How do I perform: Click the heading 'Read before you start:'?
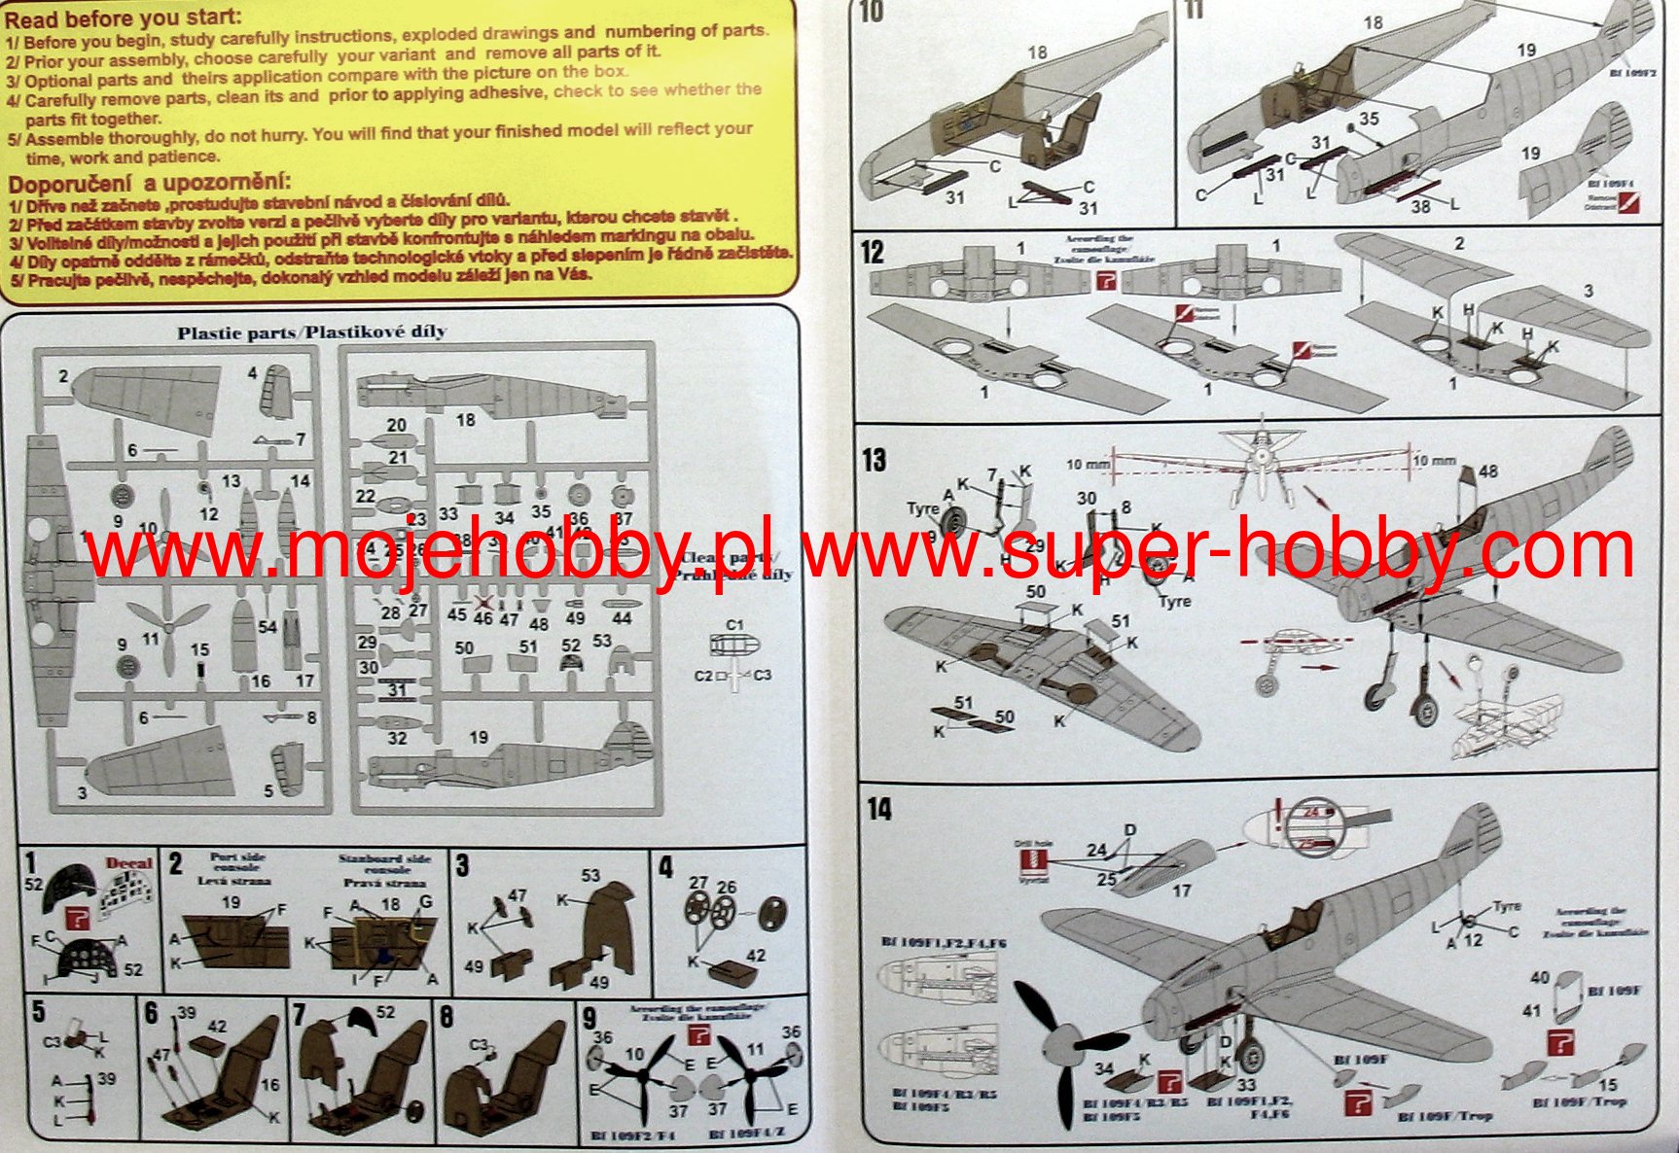124,17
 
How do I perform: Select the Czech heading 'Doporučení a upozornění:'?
150,184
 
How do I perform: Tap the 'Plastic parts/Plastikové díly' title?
311,332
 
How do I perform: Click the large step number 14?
878,809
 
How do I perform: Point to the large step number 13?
874,459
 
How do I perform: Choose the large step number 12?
873,253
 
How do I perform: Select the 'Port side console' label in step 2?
237,862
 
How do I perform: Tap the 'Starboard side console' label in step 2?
384,864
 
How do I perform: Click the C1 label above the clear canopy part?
734,625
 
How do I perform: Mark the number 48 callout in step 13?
1488,472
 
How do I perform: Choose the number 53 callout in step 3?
590,875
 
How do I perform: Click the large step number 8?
446,1018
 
